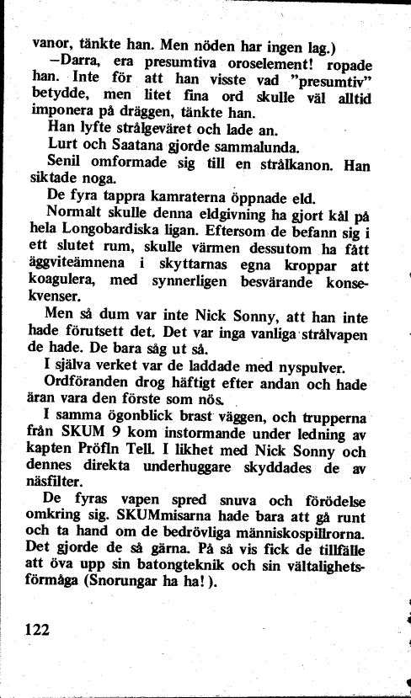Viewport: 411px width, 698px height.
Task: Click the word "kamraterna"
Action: (x=184, y=199)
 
